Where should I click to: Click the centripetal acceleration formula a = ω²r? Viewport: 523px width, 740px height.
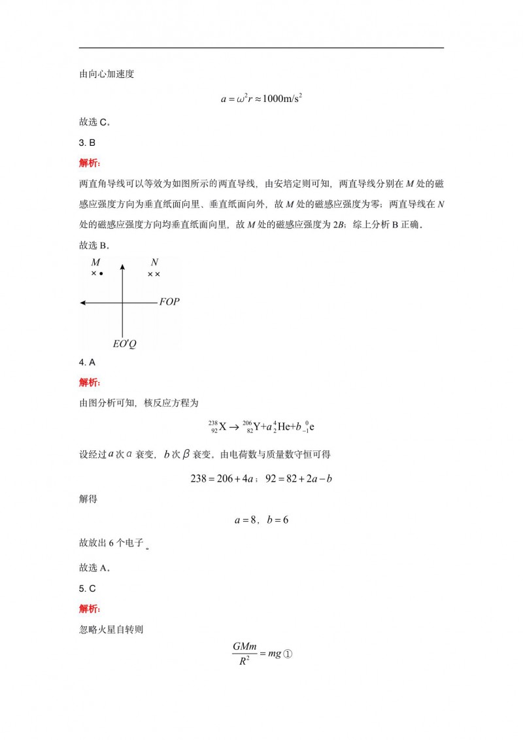[x=261, y=99]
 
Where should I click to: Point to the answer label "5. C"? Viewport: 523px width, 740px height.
[x=88, y=588]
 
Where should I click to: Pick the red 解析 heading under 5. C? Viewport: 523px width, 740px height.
[x=90, y=609]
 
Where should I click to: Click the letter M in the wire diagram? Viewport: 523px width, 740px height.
[x=95, y=262]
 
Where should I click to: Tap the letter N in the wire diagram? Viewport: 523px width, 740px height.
[x=154, y=262]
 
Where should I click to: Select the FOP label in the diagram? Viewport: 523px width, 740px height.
[x=169, y=303]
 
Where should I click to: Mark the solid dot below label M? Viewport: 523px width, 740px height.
[x=101, y=273]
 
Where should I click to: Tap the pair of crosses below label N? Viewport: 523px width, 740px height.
[x=154, y=274]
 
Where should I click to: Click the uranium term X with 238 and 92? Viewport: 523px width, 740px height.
[x=218, y=427]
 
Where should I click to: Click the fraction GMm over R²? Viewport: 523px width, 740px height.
[x=245, y=653]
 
